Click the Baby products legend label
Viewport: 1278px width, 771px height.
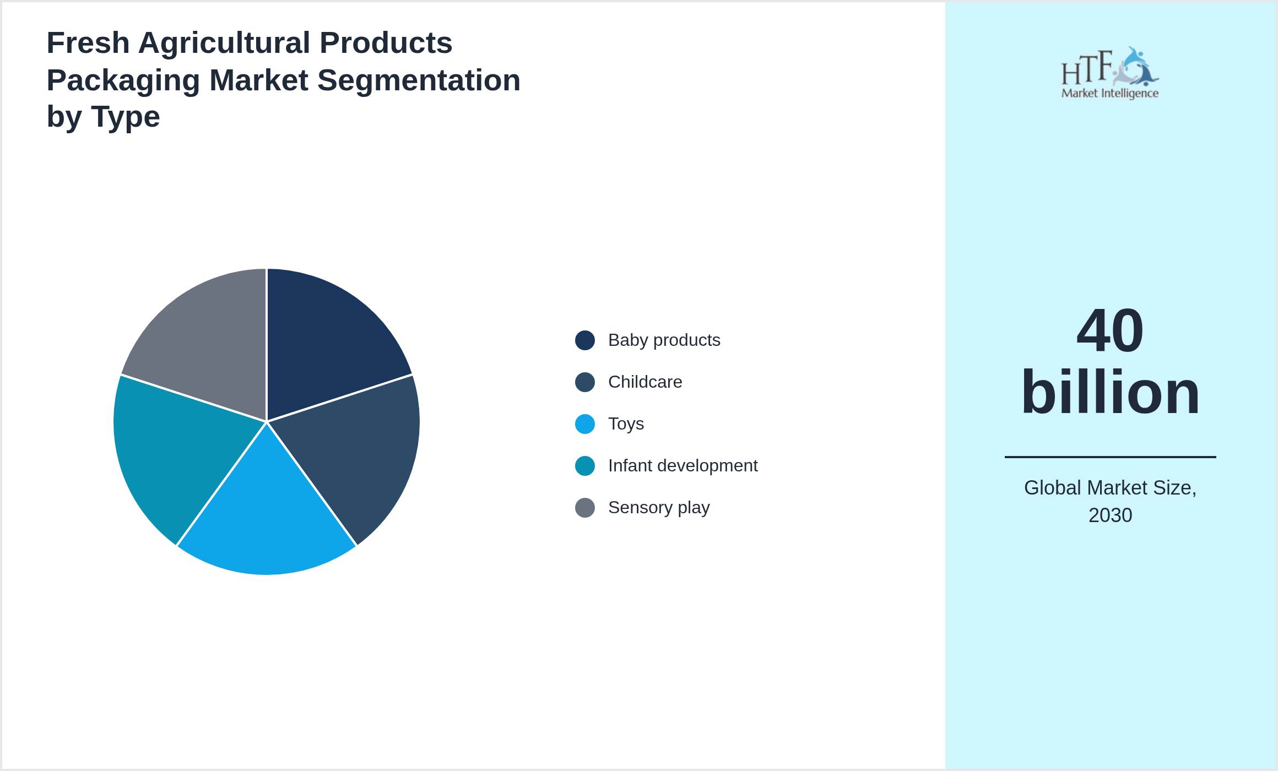point(664,340)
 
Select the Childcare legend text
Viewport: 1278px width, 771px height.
point(645,382)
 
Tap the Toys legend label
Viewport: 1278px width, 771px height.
point(626,424)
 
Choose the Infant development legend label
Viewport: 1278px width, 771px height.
point(683,466)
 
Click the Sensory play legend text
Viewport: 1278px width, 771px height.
point(658,508)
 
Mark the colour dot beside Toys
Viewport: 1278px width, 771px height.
point(584,424)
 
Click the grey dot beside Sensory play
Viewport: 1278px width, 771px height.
point(584,508)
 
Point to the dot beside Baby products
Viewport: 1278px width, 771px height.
point(584,340)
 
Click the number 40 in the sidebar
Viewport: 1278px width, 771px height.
point(1110,332)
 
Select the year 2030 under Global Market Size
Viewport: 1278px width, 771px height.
point(1110,515)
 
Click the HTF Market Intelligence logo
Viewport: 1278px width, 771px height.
point(1109,73)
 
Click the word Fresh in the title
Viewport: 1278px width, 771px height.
point(88,43)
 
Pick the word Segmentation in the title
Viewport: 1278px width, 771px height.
point(419,80)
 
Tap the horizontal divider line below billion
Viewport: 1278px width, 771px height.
point(1110,457)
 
